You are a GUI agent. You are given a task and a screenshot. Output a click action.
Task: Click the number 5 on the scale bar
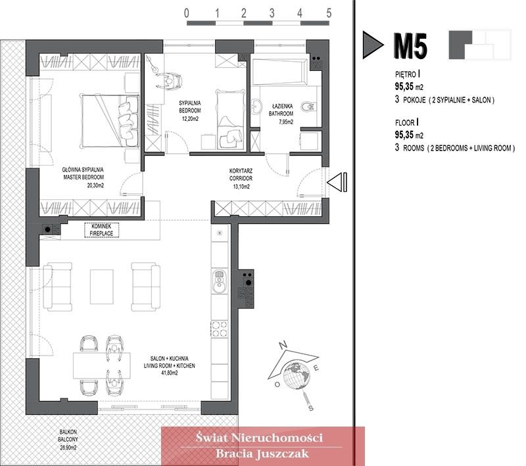click(x=329, y=13)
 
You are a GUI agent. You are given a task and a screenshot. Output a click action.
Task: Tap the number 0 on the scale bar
click(x=187, y=13)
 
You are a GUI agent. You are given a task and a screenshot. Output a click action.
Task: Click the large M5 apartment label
click(x=410, y=46)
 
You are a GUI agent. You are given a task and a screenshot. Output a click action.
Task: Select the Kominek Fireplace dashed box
click(x=101, y=230)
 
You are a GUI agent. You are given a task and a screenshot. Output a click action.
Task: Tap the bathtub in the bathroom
click(x=279, y=72)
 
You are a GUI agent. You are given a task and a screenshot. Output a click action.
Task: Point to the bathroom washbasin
click(x=257, y=107)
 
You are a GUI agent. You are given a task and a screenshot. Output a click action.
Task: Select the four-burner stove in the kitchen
click(x=220, y=329)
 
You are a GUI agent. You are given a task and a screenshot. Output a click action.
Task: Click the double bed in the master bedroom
click(x=110, y=121)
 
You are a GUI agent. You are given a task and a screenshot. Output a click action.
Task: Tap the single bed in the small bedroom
click(x=230, y=119)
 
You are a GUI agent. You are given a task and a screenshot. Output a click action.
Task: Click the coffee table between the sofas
click(x=102, y=287)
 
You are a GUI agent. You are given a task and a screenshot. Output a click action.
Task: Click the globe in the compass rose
click(x=297, y=375)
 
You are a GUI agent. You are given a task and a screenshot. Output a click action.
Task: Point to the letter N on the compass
click(x=283, y=344)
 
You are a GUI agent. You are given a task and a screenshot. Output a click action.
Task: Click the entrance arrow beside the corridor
click(x=337, y=182)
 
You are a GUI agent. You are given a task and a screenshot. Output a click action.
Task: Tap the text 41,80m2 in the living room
click(x=170, y=373)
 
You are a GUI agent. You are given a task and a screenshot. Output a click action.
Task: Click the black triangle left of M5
click(x=373, y=45)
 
